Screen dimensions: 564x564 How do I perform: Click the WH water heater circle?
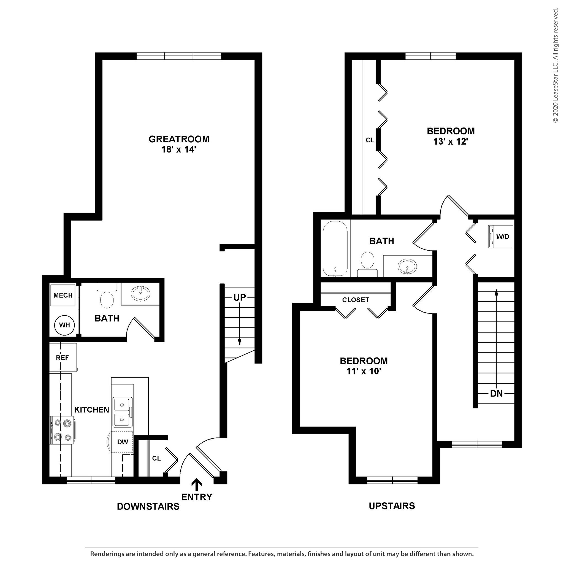point(64,325)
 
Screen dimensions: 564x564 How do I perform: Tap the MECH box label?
point(63,295)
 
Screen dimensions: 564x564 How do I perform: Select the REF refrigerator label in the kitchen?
point(62,358)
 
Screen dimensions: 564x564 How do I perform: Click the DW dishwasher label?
point(123,442)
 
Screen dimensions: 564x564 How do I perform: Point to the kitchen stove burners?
point(62,430)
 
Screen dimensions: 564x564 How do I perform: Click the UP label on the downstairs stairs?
point(239,297)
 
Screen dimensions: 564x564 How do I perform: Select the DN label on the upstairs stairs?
point(496,394)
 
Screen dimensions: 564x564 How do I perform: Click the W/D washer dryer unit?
point(500,237)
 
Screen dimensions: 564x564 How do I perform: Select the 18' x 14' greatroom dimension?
point(179,150)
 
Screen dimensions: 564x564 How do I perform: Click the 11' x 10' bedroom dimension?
point(364,371)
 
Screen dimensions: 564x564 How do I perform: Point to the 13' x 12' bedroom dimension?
point(451,142)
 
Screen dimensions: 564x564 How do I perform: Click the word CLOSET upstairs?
point(355,300)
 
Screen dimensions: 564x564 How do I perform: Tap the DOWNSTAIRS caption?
point(148,506)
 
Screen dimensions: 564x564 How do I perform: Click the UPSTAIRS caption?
point(392,506)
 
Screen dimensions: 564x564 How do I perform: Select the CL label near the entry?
point(156,458)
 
